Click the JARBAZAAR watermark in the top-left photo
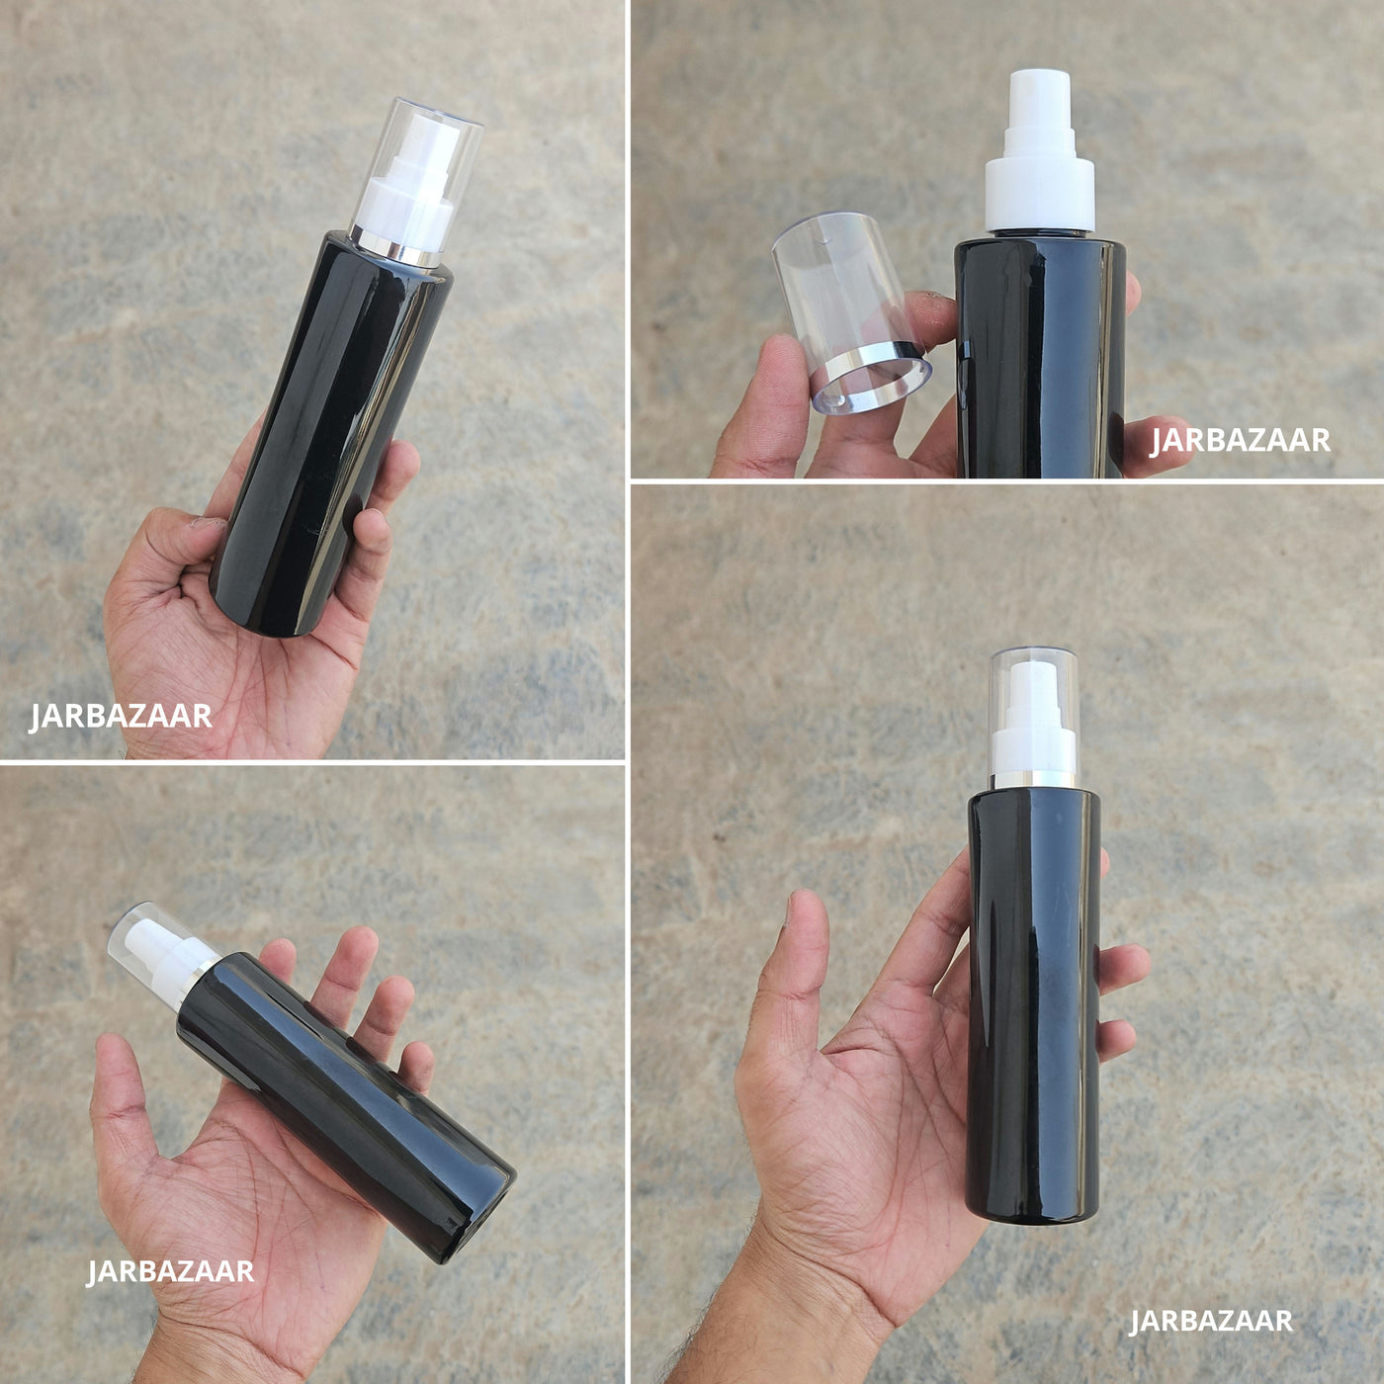click(x=120, y=717)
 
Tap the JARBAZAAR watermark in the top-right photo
click(x=1240, y=440)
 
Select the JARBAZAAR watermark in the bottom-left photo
click(x=170, y=1270)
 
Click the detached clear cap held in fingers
click(x=851, y=312)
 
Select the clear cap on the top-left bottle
click(x=416, y=180)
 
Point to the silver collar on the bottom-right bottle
click(x=1034, y=780)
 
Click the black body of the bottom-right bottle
click(x=1034, y=1005)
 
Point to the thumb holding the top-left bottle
click(x=172, y=546)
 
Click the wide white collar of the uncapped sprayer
click(x=1039, y=196)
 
